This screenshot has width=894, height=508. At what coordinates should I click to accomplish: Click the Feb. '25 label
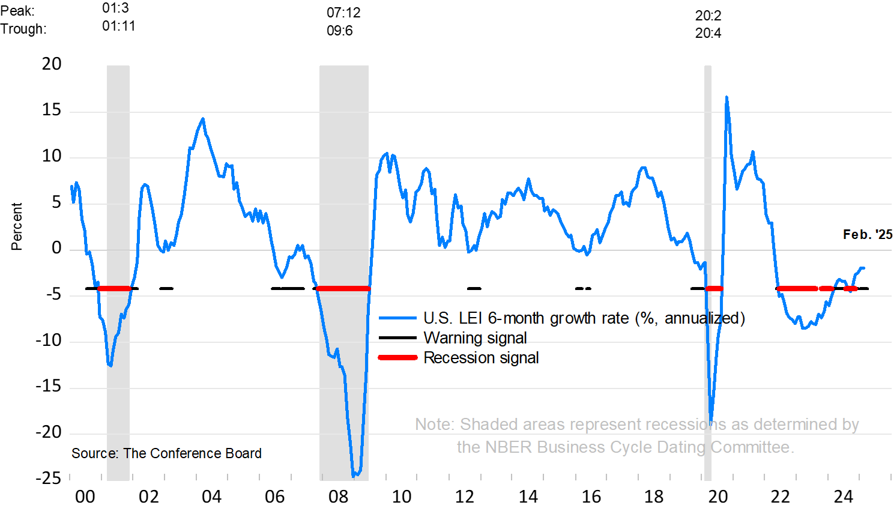(x=867, y=235)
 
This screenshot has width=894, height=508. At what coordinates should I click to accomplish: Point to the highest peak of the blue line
(x=726, y=97)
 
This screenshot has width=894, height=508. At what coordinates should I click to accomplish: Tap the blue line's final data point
(x=863, y=268)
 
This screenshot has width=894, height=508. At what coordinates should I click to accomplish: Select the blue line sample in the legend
(x=397, y=318)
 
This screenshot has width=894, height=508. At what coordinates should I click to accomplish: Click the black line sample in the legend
(x=397, y=337)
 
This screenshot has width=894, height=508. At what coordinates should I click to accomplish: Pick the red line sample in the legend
(x=397, y=357)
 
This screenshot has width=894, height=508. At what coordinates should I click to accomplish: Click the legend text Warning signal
(x=475, y=337)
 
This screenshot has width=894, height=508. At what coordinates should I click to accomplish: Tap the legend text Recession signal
(x=481, y=357)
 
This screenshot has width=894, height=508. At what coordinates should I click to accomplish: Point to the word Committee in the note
(x=752, y=447)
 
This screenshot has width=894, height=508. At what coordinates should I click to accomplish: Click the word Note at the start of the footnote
(x=433, y=424)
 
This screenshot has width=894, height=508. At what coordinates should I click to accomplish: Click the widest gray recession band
(x=344, y=180)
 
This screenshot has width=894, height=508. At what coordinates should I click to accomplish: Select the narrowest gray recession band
(x=708, y=180)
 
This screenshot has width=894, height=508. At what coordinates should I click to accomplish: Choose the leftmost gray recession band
(x=118, y=180)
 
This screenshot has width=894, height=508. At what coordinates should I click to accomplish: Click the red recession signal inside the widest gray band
(x=343, y=289)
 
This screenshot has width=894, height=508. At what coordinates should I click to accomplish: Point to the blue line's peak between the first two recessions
(x=202, y=119)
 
